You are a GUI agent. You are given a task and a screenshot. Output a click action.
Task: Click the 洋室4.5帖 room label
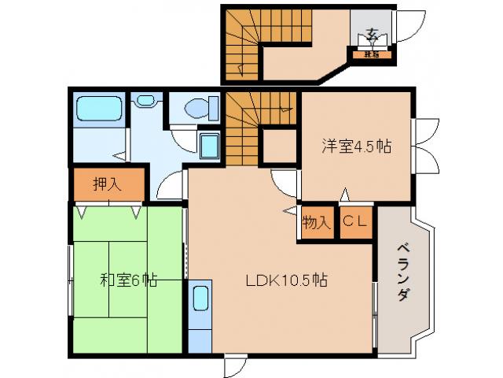coord(356,146)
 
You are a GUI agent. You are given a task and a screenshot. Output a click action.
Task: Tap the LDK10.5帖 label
coord(288,280)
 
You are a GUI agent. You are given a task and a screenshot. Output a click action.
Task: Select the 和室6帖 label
coord(128,280)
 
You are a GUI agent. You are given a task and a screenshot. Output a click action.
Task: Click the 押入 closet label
coord(108,184)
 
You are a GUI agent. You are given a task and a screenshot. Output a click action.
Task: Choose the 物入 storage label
coord(317,223)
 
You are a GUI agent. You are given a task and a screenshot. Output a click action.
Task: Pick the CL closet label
coord(355,222)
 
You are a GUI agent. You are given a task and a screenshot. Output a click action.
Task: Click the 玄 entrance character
coord(372,35)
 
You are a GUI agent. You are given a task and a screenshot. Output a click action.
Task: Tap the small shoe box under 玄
coord(371,54)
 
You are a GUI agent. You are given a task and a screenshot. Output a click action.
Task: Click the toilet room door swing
coord(182,135)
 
